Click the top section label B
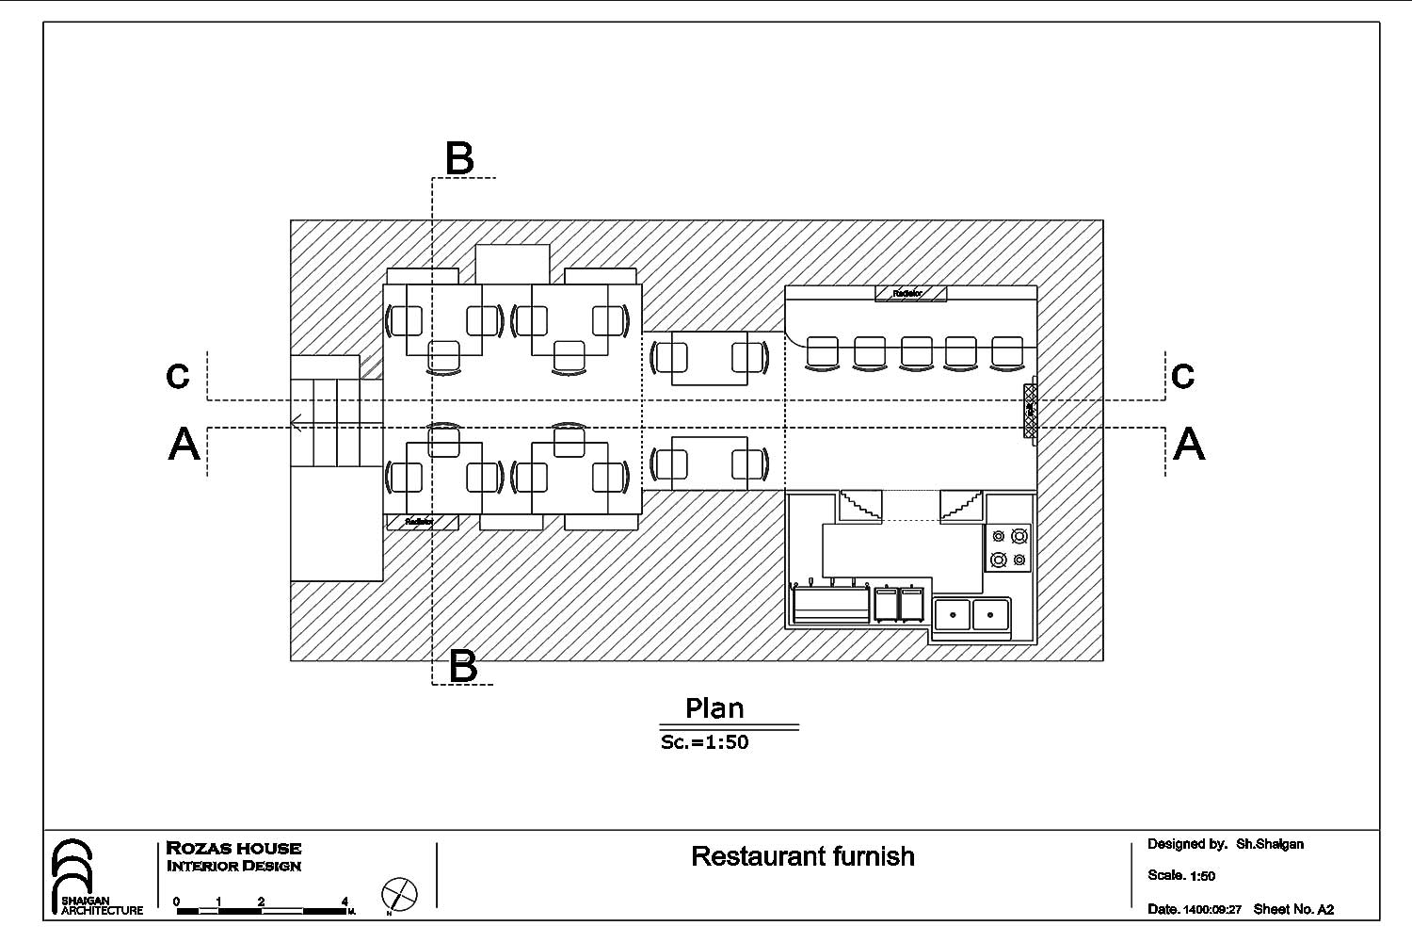[x=459, y=158]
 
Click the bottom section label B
[x=463, y=666]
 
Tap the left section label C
[x=178, y=376]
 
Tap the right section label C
[x=1183, y=376]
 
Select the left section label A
[x=185, y=444]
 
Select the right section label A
[x=1189, y=444]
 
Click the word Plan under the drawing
[x=714, y=708]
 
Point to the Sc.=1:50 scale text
[x=705, y=742]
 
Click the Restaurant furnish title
[x=803, y=856]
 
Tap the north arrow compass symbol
[x=399, y=893]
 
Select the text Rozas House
[x=233, y=848]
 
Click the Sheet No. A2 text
[x=1293, y=909]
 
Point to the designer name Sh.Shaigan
[x=1270, y=844]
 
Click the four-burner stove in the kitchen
[x=1008, y=548]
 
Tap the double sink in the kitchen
[x=971, y=614]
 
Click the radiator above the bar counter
[x=910, y=294]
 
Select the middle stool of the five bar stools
[x=916, y=352]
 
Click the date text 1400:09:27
[x=1212, y=910]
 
